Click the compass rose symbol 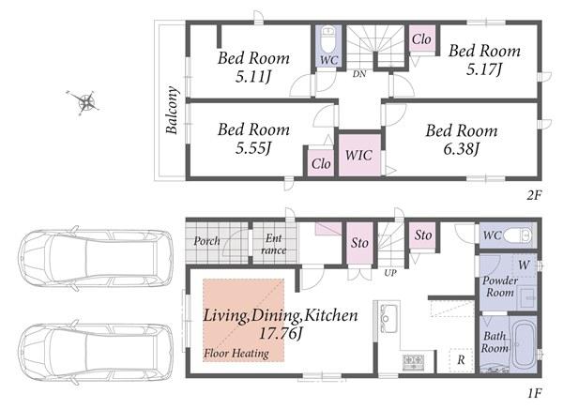84,102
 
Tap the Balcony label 172,110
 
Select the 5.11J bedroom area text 252,77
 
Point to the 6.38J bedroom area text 461,148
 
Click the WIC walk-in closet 359,155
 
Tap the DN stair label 359,74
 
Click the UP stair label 390,273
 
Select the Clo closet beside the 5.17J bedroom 422,38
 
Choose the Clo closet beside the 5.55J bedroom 321,163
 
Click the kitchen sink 388,318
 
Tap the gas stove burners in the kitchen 413,362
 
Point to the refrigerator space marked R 461,359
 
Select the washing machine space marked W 524,265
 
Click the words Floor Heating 236,354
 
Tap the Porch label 206,240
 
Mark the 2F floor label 534,195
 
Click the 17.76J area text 281,334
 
